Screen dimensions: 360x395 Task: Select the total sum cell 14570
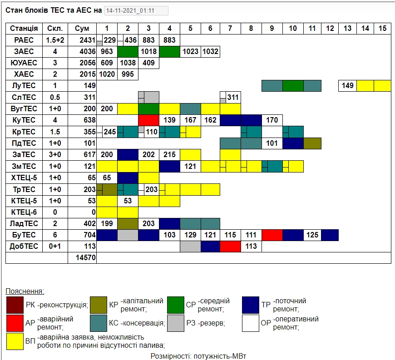82,257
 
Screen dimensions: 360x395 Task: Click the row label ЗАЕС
25,52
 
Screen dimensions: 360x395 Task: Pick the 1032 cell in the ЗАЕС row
210,52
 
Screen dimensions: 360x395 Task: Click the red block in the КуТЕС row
149,120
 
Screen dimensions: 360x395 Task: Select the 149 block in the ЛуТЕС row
347,86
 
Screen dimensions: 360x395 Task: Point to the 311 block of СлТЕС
233,97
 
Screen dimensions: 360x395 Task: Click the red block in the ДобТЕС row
230,246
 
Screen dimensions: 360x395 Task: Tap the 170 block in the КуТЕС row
272,120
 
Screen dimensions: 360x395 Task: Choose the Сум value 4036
82,52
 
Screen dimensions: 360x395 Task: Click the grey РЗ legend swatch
176,323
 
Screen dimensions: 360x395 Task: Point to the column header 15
382,28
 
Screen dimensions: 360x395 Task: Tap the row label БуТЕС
25,235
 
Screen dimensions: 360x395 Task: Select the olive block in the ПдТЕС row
312,143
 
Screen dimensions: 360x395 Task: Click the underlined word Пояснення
24,291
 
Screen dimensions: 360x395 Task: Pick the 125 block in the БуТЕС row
312,235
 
